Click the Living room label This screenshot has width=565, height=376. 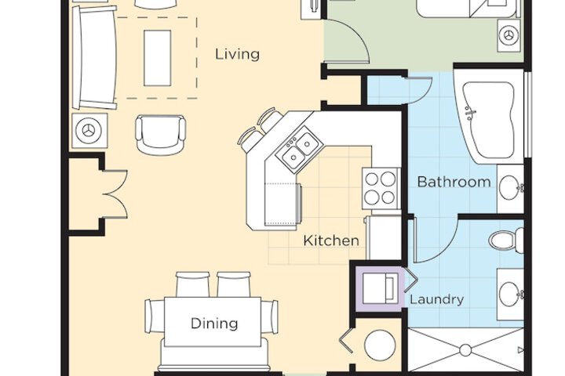point(237,54)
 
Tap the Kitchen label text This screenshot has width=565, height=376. point(331,240)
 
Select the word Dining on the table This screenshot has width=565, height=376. point(214,324)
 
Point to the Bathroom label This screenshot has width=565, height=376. point(454,182)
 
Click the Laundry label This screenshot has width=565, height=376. point(437,299)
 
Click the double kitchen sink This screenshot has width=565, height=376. point(297,150)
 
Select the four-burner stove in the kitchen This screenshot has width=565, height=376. point(381,188)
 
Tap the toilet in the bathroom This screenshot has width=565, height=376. point(506,239)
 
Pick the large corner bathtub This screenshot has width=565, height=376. point(487,118)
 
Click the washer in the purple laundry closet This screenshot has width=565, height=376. point(381,288)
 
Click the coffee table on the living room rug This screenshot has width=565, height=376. point(158,58)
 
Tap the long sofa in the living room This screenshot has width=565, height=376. point(94,57)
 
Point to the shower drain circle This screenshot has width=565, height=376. point(465,349)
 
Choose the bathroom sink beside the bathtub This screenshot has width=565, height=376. point(512,188)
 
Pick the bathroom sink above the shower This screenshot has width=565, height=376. point(511,294)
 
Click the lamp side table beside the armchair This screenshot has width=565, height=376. point(89,130)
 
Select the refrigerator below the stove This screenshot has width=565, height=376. point(384,237)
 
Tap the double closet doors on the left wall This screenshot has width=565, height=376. point(115,194)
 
